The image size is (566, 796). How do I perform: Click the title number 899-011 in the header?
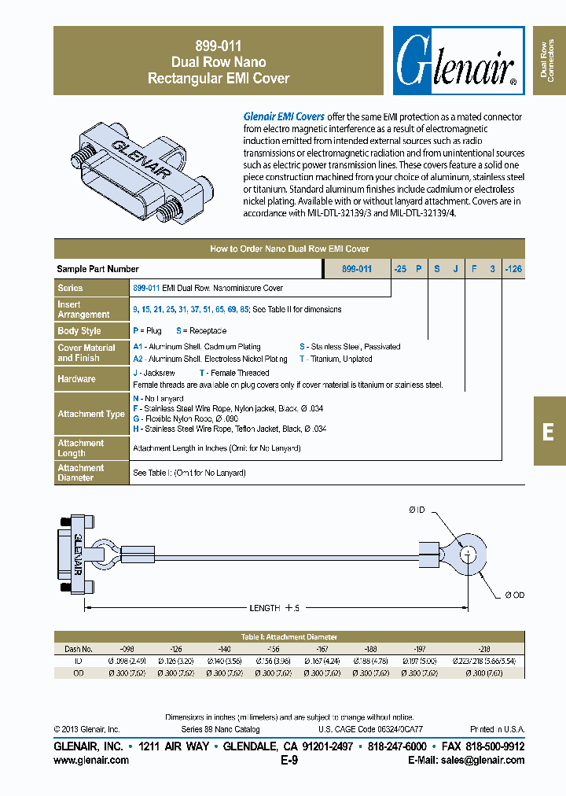tap(219, 46)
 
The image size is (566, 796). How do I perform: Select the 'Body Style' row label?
tap(79, 331)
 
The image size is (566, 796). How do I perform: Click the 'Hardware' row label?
tap(76, 378)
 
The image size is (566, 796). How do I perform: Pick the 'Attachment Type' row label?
tap(91, 414)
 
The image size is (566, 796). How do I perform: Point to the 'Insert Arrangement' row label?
tap(83, 309)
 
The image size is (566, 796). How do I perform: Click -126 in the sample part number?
tap(513, 269)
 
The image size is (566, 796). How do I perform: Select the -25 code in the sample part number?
tap(400, 269)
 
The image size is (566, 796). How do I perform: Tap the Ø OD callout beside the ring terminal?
tap(514, 595)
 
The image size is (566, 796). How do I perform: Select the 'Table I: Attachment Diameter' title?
tap(289, 637)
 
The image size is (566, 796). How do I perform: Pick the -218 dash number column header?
tap(483, 649)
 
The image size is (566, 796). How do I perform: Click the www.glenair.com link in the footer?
tap(91, 761)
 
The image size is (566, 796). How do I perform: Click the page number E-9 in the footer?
tap(289, 761)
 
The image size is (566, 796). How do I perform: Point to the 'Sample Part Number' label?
tap(98, 269)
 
